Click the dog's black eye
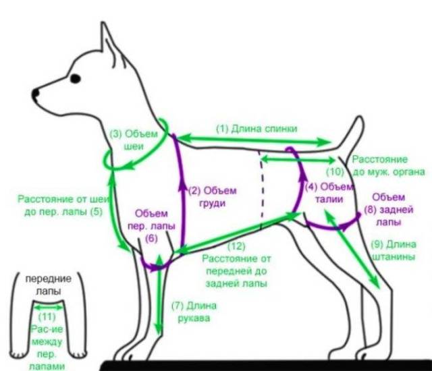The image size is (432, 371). coord(75,79)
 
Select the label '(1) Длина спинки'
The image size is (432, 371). coord(256,129)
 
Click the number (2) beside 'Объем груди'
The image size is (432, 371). coord(195,190)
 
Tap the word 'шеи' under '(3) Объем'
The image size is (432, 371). coord(134,146)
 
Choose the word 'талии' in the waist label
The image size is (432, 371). coord(329,199)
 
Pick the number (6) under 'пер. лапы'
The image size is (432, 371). coord(151,238)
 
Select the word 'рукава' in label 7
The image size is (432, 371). coord(194,318)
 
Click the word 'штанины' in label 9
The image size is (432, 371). coord(394,257)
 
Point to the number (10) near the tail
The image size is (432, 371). coord(335,172)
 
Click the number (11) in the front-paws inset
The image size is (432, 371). coord(47,317)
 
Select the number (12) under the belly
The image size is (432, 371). coord(236,246)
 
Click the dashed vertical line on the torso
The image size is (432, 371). coord(262,190)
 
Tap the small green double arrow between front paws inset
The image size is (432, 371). coord(48,307)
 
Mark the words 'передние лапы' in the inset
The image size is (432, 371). coord(48,285)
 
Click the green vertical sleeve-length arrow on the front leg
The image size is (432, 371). coord(159,295)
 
